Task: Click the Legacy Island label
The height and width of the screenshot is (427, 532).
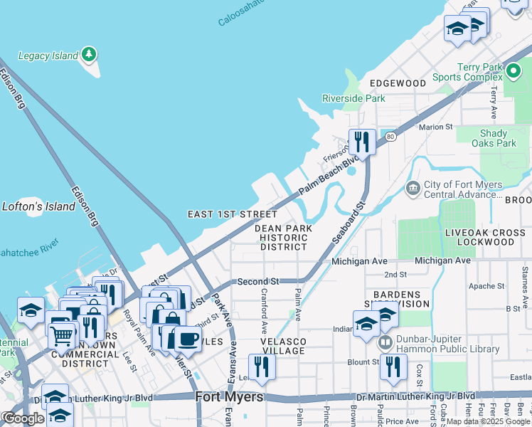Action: [x=48, y=56]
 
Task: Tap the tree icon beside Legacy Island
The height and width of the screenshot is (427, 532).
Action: [x=88, y=54]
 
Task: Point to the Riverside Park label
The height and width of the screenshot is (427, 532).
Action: [x=353, y=98]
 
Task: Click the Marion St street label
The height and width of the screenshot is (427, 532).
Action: [x=435, y=127]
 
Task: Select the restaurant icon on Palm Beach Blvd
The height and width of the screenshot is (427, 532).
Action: [x=362, y=142]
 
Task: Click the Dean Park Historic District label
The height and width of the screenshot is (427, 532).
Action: [x=283, y=237]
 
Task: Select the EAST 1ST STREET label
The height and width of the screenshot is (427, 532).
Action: [x=232, y=213]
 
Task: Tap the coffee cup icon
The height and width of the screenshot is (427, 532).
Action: [x=188, y=339]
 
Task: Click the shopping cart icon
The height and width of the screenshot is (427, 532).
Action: [x=63, y=334]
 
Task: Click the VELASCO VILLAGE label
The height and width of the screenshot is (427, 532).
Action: [x=282, y=346]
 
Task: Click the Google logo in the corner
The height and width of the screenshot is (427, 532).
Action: [x=23, y=418]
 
